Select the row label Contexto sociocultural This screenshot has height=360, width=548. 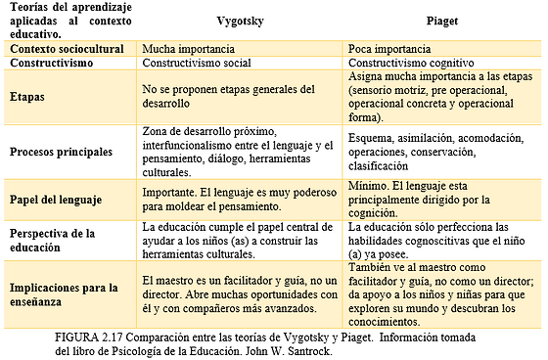[x=65, y=47]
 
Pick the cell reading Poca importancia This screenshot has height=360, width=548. [x=392, y=47]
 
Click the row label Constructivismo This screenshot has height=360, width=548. [x=54, y=62]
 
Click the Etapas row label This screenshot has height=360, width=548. [x=29, y=98]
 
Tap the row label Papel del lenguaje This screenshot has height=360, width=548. [x=56, y=200]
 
